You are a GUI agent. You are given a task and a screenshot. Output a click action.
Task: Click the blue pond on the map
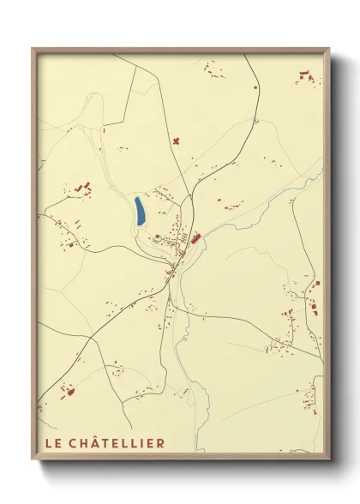[x=139, y=211]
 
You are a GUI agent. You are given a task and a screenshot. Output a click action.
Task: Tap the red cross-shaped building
[x=177, y=140]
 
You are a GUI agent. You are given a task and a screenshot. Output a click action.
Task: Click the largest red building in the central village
[x=195, y=238]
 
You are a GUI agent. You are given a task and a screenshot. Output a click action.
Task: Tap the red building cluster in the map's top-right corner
[x=308, y=79]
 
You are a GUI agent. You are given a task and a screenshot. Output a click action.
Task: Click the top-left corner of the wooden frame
[x=33, y=49]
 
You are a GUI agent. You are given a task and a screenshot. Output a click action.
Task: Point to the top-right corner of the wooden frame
[x=329, y=49]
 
